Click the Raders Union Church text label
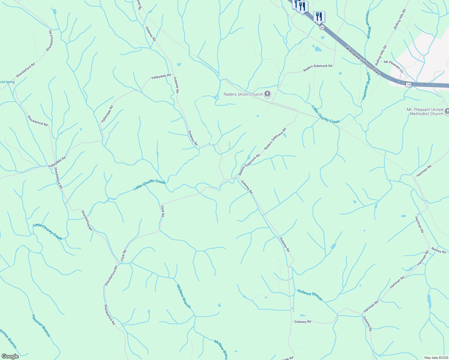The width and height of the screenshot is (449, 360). tap(243, 94)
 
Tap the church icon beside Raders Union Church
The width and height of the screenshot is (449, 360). tap(267, 94)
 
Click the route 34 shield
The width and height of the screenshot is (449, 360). tap(322, 27)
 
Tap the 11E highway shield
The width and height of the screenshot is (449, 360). tap(408, 85)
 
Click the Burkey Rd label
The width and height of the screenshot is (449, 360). tap(439, 250)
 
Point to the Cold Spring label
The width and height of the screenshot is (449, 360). tap(7, 82)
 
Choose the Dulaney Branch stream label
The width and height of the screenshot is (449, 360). tap(310, 295)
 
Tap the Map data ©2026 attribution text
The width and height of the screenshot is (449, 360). tap(436, 358)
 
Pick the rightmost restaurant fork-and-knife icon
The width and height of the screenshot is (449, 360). tap(319, 16)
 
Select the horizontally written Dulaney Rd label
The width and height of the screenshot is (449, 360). tap(303, 322)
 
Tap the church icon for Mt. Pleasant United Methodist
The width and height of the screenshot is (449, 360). tap(447, 112)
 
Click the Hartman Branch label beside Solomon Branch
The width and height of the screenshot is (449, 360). tap(41, 325)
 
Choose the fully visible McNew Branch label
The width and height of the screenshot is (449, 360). tap(184, 296)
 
